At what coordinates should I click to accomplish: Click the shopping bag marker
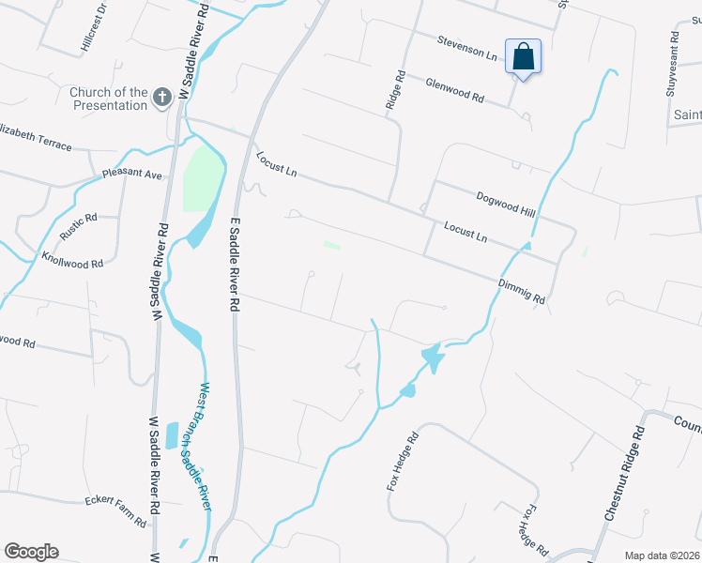[523, 57]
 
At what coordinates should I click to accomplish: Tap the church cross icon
[161, 98]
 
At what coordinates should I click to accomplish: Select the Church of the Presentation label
[109, 99]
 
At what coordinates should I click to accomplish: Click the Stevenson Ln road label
[466, 47]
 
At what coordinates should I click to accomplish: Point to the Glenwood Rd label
[454, 90]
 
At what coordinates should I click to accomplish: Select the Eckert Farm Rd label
[116, 510]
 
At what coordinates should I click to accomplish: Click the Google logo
[31, 552]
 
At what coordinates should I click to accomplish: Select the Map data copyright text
[661, 555]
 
